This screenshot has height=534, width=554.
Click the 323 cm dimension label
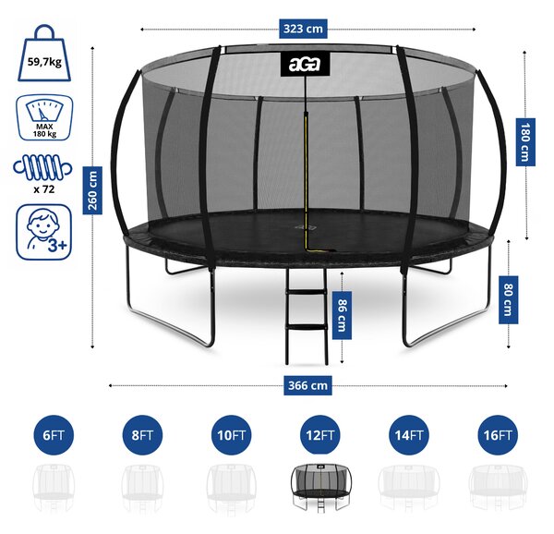coord(303,29)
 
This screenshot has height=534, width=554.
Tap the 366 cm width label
coord(307,385)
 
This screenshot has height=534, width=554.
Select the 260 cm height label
coord(92,190)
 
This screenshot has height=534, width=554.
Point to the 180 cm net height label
coord(525,142)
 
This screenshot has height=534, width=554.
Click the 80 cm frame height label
coord(508,299)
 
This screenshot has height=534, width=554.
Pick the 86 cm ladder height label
coord(342,315)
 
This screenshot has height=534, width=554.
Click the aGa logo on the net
coord(305,64)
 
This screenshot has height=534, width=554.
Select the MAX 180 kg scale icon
coord(44,117)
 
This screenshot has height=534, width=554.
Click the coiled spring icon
coord(42,167)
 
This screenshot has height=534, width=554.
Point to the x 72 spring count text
coord(44,189)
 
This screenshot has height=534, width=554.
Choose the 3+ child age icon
coord(43,232)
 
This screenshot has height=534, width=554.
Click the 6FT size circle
coord(54,435)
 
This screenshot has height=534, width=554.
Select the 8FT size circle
coord(142,435)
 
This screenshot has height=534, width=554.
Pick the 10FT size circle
coord(232,435)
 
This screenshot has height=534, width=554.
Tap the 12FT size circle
coord(320,435)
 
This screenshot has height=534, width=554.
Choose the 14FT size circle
coord(409,435)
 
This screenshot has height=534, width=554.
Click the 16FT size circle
coord(498,435)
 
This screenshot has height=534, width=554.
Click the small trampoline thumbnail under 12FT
coord(320,488)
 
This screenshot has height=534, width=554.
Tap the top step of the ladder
coord(307,292)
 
